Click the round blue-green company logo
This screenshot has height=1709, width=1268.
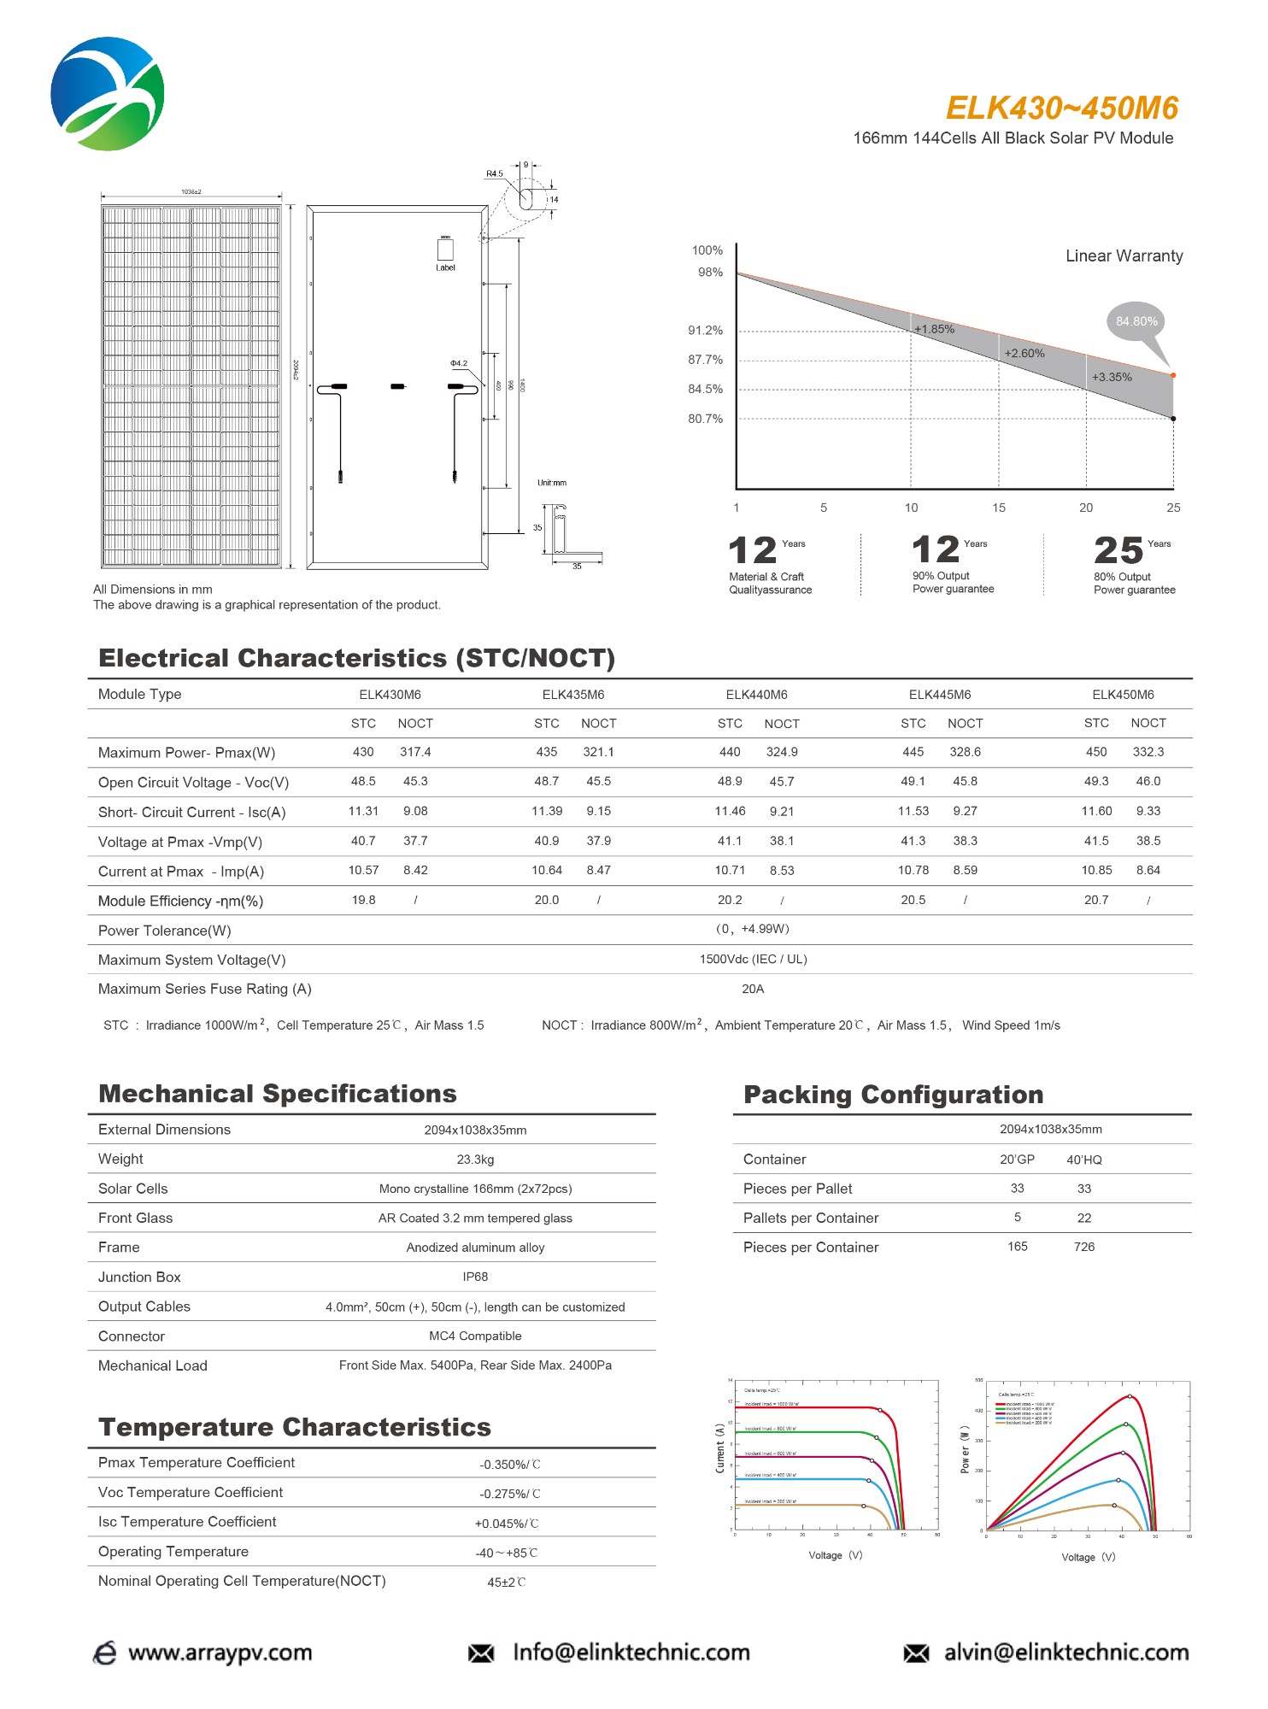(108, 94)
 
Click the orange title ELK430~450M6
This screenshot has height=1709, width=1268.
(1061, 109)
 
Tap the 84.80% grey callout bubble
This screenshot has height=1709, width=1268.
(1136, 322)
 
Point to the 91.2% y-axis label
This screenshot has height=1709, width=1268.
(705, 331)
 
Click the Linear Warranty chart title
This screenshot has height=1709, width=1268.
(1124, 256)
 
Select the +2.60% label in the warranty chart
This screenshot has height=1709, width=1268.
(1024, 354)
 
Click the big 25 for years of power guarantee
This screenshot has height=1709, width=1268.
(1118, 551)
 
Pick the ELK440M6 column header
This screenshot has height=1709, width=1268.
(756, 695)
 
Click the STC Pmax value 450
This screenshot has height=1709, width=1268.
(1096, 752)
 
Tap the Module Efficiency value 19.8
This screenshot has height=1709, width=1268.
(363, 900)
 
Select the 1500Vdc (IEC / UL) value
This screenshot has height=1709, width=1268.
(753, 959)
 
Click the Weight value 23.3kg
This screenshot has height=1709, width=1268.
(475, 1160)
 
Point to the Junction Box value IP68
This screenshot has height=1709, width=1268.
(475, 1277)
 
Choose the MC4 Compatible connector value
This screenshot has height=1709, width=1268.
(475, 1336)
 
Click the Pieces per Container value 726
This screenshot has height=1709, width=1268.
(1083, 1247)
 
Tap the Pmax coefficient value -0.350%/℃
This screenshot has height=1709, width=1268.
(509, 1465)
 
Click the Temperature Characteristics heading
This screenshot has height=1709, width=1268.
(295, 1427)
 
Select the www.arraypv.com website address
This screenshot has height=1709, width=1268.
(220, 1653)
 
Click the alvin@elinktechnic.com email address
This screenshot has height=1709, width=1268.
(1065, 1653)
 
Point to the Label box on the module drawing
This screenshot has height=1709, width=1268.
(445, 250)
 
